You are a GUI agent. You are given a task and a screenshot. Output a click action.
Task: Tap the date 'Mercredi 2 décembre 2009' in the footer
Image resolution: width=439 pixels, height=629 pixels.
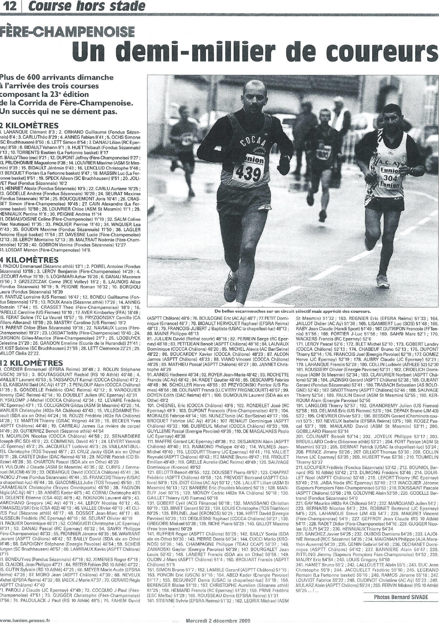click(x=217, y=620)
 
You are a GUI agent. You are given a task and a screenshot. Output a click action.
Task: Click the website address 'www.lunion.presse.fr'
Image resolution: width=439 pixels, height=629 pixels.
click(x=25, y=620)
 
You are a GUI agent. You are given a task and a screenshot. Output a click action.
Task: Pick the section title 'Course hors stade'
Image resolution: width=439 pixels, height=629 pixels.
click(x=87, y=6)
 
